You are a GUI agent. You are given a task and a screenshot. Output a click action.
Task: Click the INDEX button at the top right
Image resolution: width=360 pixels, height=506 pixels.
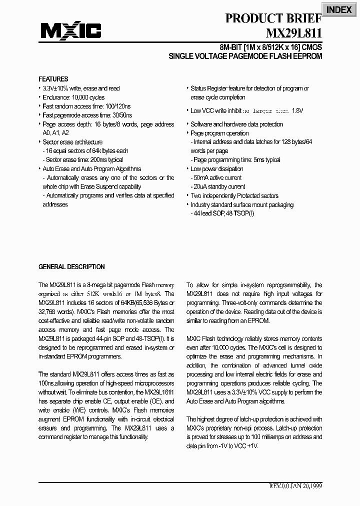tap(339, 9)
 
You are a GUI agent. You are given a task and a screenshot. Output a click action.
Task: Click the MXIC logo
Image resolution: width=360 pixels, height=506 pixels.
tap(70, 31)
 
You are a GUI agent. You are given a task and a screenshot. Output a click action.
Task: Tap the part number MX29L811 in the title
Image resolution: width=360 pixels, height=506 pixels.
tap(294, 33)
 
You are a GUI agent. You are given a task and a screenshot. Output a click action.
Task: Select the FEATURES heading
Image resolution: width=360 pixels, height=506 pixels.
tap(53, 79)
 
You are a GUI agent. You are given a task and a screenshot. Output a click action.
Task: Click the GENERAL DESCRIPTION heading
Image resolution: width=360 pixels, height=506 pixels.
tap(71, 266)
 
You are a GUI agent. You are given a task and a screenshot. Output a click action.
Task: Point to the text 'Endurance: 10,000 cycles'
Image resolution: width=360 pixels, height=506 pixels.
tap(73, 97)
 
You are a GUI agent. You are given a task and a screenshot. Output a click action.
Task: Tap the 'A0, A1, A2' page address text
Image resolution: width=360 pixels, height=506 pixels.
tap(55, 133)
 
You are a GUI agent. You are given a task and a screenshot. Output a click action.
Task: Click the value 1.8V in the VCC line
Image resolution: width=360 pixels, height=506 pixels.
tap(297, 110)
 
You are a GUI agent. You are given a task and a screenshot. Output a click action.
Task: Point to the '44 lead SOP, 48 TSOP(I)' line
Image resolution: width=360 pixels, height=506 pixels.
tap(223, 213)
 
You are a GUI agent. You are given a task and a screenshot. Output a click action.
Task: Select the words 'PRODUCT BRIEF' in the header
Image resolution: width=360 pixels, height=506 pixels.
tap(273, 18)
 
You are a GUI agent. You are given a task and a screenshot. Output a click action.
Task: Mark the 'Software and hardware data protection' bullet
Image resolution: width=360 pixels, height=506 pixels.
tap(236, 124)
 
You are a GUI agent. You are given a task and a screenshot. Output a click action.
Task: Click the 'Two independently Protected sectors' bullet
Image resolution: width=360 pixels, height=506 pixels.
tap(234, 195)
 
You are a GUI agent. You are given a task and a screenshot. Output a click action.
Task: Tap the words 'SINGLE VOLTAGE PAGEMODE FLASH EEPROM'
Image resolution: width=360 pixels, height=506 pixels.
tap(245, 56)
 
